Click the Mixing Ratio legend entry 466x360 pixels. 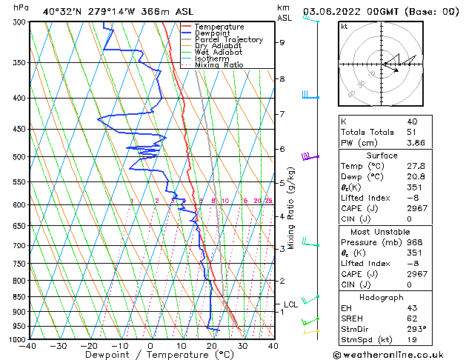point(219,65)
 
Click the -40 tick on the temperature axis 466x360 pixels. point(29,346)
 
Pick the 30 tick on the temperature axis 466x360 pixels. point(242,346)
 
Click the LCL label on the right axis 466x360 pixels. point(290,304)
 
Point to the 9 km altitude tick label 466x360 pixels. point(282,42)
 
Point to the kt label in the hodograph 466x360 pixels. point(344,27)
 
